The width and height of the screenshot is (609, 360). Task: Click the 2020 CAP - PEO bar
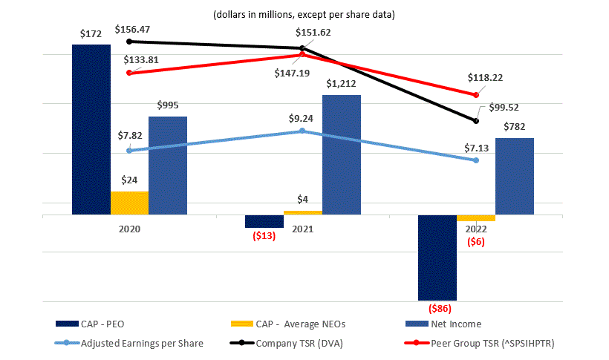tap(91, 130)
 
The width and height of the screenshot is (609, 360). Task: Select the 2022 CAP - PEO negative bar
tap(437, 258)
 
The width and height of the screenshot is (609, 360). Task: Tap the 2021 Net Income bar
tap(342, 155)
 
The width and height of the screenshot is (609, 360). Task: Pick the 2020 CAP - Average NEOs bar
tap(129, 203)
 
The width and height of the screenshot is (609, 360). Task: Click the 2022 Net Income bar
tap(514, 177)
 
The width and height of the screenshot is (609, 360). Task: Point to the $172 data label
tap(91, 34)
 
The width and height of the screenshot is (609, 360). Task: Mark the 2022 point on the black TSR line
tap(476, 120)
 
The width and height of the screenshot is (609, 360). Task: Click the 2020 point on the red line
tap(129, 73)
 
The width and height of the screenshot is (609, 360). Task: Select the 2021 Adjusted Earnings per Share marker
tap(302, 131)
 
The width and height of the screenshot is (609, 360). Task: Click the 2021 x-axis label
tap(302, 229)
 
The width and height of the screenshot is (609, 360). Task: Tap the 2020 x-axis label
tap(129, 229)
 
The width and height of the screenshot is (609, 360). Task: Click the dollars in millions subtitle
tap(304, 15)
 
